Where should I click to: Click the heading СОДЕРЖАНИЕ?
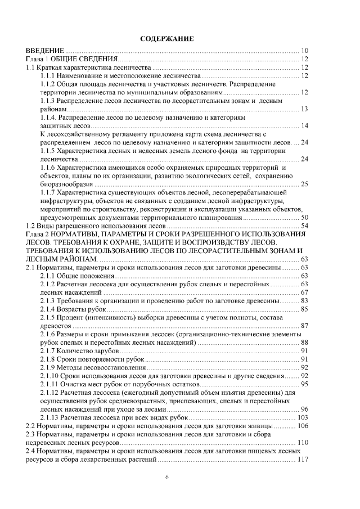pos(166,38)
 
